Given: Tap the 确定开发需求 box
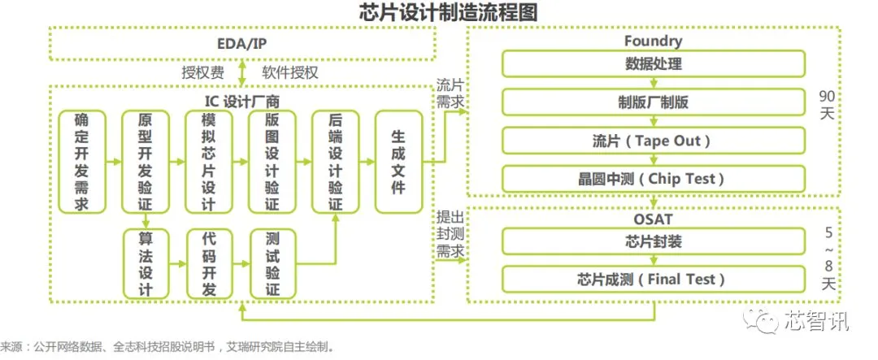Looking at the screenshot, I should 81,161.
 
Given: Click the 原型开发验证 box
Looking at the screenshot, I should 144,161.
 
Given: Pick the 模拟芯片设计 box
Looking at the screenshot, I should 207,161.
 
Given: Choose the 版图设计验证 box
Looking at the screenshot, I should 271,161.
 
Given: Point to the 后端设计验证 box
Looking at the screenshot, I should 334,161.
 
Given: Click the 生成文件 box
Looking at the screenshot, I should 398,161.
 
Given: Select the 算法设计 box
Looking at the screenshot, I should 144,263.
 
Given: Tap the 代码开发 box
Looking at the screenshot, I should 207,263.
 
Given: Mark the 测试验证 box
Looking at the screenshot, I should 271,263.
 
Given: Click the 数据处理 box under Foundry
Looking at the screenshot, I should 653,63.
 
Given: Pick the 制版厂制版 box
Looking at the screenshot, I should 653,102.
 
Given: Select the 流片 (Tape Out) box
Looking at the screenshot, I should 653,141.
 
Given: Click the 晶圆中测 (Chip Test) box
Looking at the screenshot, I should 653,179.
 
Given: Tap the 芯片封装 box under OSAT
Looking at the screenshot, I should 653,241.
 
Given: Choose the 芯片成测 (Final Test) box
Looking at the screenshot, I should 653,280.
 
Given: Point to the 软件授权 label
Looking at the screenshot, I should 289,72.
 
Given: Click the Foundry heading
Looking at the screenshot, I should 653,41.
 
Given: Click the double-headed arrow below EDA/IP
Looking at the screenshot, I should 243,72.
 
